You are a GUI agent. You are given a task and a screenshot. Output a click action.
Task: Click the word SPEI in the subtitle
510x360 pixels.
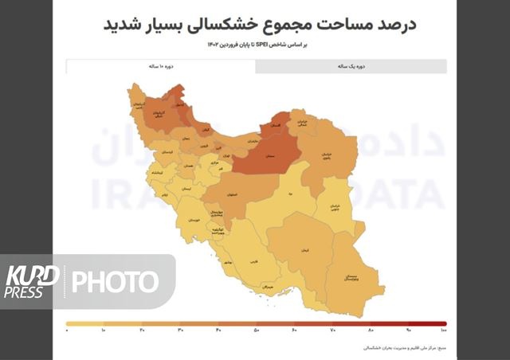tap(261, 45)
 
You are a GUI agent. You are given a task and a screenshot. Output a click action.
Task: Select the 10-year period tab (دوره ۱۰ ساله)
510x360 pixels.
tap(162, 67)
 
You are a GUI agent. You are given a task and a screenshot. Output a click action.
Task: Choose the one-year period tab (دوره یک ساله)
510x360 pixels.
tap(351, 67)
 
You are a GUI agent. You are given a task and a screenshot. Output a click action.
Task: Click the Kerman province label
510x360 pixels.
tap(304, 250)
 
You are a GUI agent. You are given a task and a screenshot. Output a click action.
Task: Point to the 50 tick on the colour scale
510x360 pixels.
tap(257, 330)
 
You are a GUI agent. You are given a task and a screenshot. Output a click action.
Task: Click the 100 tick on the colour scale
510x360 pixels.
tap(442, 330)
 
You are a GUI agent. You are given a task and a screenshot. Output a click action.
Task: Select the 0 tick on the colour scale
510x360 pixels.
tap(68, 330)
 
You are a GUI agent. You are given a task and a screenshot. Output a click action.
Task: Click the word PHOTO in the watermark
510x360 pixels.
tap(116, 281)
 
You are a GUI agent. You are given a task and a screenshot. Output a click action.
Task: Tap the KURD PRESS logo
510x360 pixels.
tap(32, 281)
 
